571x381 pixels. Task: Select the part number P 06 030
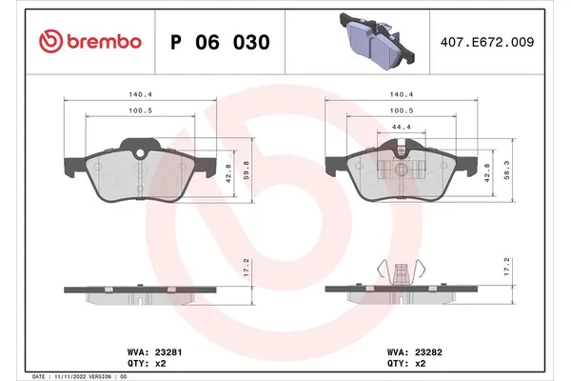(219, 43)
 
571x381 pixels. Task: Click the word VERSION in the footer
(101, 376)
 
